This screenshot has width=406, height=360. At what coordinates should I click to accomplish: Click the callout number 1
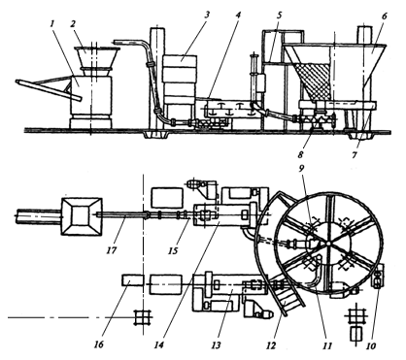tap(52, 23)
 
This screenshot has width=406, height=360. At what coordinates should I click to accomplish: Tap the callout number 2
tap(74, 23)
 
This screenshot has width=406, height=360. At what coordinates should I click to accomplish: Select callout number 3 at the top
tap(206, 15)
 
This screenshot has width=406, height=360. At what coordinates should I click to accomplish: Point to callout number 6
tap(384, 16)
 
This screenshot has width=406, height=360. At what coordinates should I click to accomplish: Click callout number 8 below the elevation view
tap(300, 154)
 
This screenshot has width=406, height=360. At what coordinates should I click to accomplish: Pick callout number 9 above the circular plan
tap(301, 169)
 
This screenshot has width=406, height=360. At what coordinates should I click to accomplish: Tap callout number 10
tap(371, 345)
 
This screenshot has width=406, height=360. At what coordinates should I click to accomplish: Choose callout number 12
tap(271, 345)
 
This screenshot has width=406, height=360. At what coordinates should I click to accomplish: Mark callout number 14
tap(158, 345)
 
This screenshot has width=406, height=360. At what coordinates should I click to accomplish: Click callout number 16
tap(99, 344)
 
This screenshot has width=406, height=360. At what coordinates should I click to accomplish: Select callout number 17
tap(112, 250)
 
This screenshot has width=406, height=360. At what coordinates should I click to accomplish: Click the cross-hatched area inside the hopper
tap(315, 81)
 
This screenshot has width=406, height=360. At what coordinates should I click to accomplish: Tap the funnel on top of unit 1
tap(96, 58)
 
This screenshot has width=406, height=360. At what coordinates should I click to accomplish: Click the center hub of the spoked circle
tap(328, 243)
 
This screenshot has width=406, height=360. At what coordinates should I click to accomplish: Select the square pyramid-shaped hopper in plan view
tap(82, 215)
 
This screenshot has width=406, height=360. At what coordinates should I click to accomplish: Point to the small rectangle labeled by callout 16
tap(133, 280)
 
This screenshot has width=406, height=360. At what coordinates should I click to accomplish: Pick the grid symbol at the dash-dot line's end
tap(143, 317)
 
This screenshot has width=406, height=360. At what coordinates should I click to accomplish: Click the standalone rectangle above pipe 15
tap(167, 199)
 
